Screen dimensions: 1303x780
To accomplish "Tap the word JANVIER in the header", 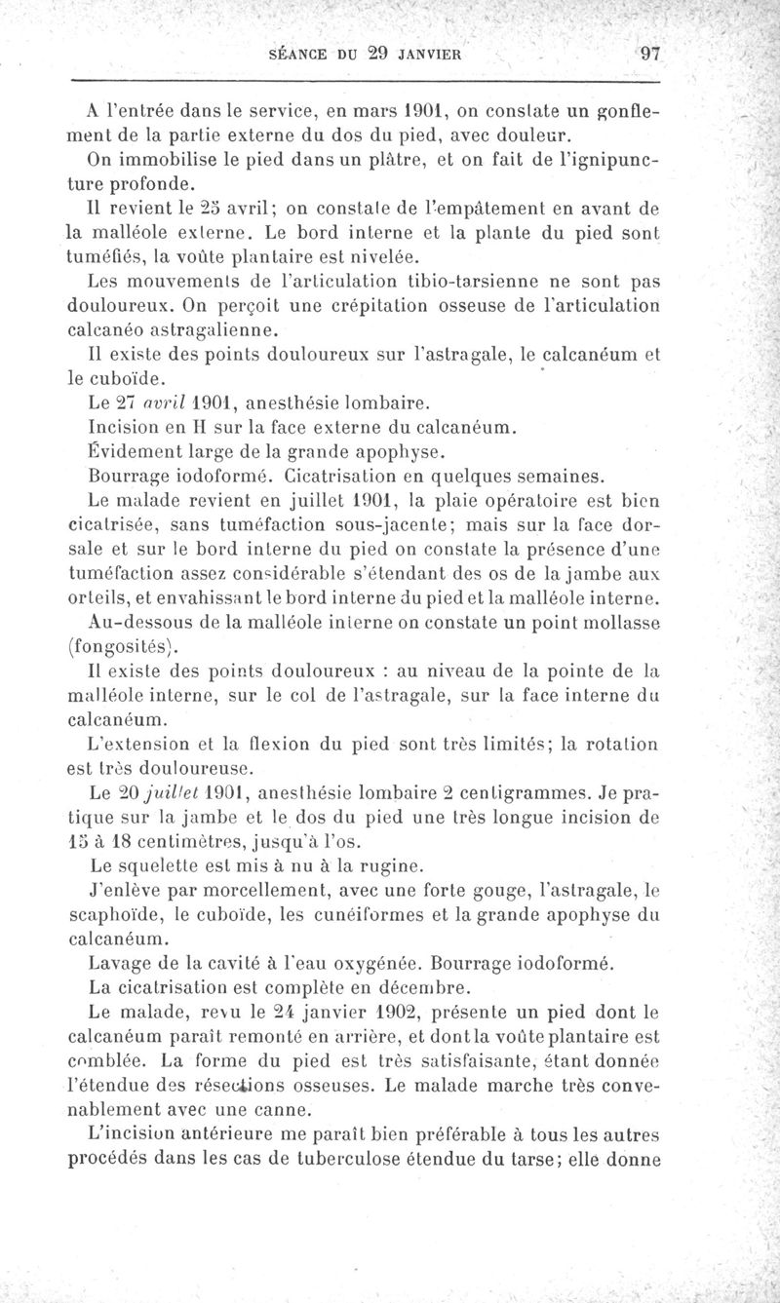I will click(x=419, y=56).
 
